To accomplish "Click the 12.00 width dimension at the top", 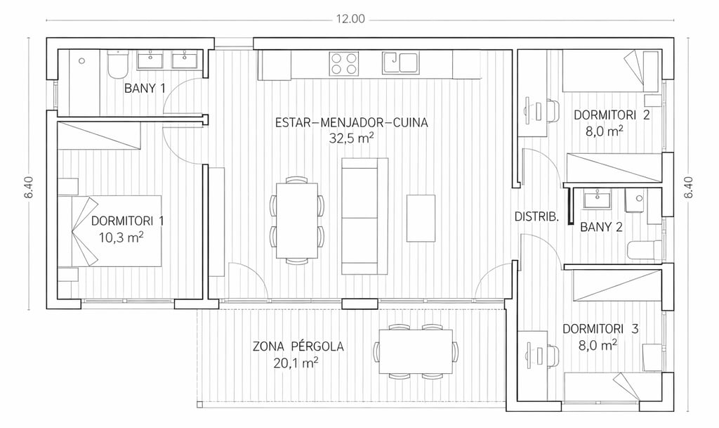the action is point(350,19).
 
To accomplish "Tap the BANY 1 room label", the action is point(145,88).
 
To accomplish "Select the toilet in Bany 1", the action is point(117,65).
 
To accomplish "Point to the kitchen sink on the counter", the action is point(400,63).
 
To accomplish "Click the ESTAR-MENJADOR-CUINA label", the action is point(351,122).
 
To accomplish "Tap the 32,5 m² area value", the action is point(351,138).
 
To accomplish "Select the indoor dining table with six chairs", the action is point(297,221).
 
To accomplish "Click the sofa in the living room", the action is point(364,216).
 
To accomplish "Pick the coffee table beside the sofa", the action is point(421,218).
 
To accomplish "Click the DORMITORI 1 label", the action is point(128,221).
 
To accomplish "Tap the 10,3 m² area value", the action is point(121,237).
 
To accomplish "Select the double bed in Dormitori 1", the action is point(110,231).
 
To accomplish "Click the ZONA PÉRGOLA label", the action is point(298,346).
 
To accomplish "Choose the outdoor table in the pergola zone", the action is point(416,351).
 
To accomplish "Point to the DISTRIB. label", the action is point(536,216).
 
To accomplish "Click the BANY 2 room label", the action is point(601,226).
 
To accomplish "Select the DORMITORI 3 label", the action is point(600,329).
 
